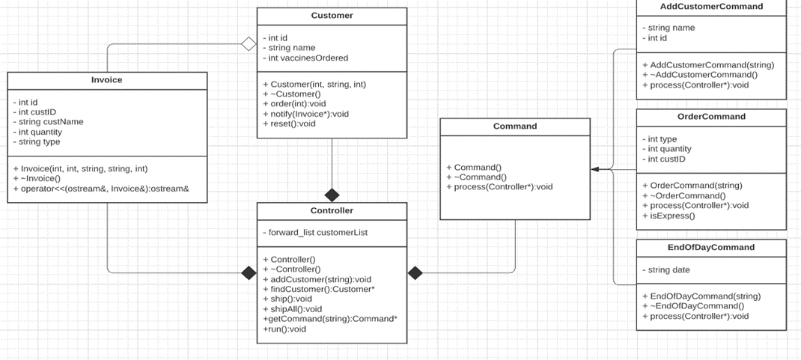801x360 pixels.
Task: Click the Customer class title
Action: pos(332,16)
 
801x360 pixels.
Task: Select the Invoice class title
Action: pos(106,80)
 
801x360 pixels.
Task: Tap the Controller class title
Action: pos(332,211)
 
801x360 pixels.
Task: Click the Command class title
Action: pos(515,126)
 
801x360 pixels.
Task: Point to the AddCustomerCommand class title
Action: pos(711,7)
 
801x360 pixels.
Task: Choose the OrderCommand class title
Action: pos(711,117)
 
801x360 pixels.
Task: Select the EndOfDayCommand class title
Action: pos(711,247)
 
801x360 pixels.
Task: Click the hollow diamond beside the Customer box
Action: pos(249,44)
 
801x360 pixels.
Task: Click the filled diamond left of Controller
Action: pos(249,273)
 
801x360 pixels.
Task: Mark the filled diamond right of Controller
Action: pos(415,273)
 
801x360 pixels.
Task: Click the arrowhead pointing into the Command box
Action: pos(595,170)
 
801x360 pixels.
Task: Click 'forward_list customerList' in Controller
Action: pos(315,233)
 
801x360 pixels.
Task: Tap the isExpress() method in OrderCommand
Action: pos(671,216)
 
